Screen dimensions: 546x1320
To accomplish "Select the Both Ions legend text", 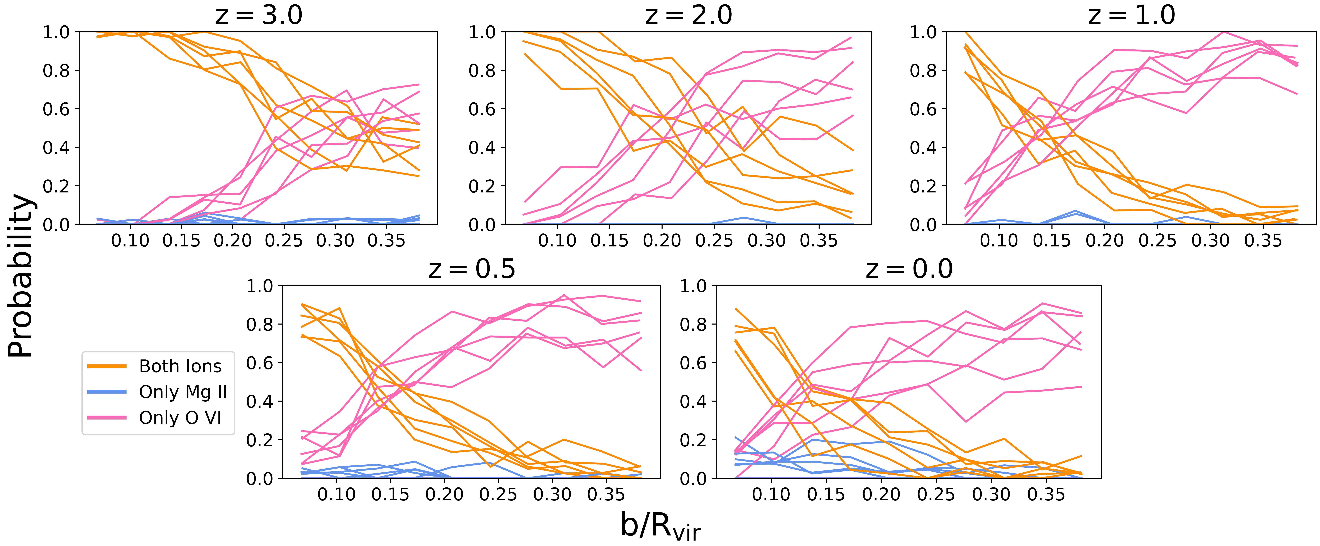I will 180,366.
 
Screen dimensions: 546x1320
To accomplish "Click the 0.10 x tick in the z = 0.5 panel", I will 336,494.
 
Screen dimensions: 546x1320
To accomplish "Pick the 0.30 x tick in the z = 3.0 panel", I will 335,240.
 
